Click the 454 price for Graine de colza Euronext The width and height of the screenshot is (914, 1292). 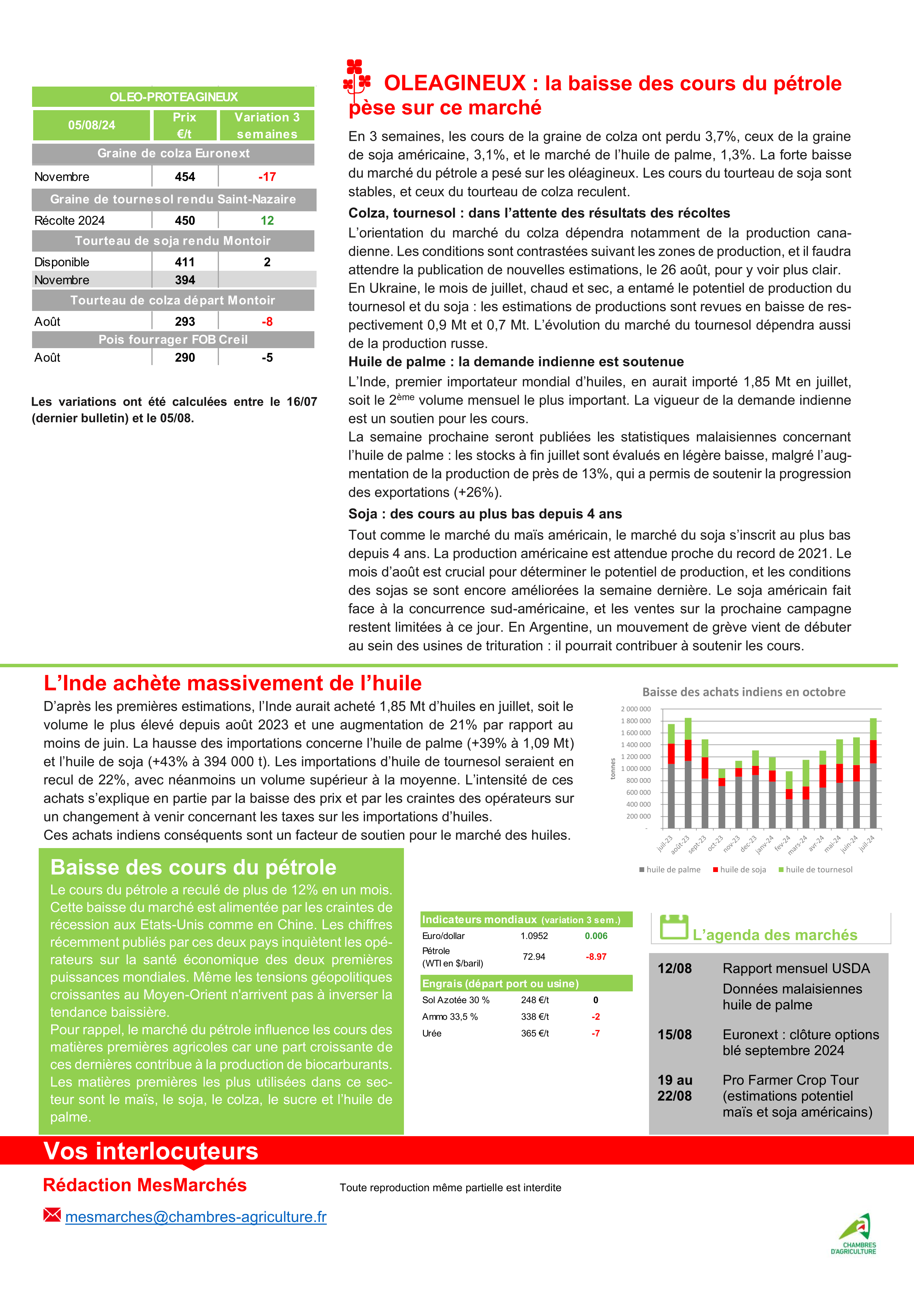point(185,177)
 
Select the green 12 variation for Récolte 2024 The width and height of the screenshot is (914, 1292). point(267,221)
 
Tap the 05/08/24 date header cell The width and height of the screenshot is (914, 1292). point(92,125)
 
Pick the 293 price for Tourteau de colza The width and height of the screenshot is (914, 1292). point(185,322)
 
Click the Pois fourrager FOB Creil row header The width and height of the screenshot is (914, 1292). point(173,339)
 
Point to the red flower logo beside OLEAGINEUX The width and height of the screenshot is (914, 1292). point(357,79)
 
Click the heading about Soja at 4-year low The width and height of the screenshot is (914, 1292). point(485,514)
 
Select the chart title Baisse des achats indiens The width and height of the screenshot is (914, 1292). point(743,692)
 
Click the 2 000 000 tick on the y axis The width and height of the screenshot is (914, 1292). point(635,709)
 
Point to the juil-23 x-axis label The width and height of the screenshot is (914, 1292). point(664,844)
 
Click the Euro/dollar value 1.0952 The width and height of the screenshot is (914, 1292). point(534,936)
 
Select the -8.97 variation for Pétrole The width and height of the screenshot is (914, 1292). point(596,957)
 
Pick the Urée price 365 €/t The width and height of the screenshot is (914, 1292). point(535,1033)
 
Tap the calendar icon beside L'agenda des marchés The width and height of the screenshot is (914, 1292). point(674,927)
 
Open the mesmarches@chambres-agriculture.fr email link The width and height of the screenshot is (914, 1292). point(195,1216)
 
